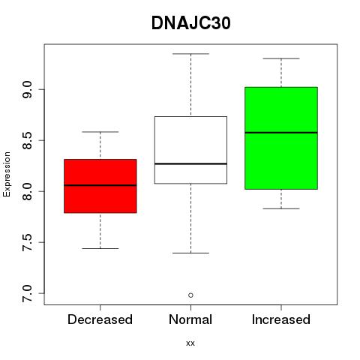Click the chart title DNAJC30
tap(190, 23)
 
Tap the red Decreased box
tap(100, 186)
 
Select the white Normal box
tap(190, 150)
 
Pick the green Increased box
tap(281, 138)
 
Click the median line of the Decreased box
tap(100, 185)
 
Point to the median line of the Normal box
tap(190, 163)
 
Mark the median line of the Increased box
tap(281, 133)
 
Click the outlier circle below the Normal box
tap(190, 295)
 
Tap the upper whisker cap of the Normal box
tap(190, 54)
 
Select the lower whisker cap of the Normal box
tap(190, 253)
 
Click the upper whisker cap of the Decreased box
tap(100, 132)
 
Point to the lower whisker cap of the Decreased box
tap(100, 248)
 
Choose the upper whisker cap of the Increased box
tap(281, 58)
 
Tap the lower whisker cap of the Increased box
tap(281, 208)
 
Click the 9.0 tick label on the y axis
tap(27, 89)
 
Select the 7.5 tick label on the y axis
tap(27, 242)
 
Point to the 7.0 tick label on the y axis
tap(27, 293)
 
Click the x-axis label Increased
tap(281, 319)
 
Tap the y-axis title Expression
tap(7, 174)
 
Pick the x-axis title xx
tap(190, 343)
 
